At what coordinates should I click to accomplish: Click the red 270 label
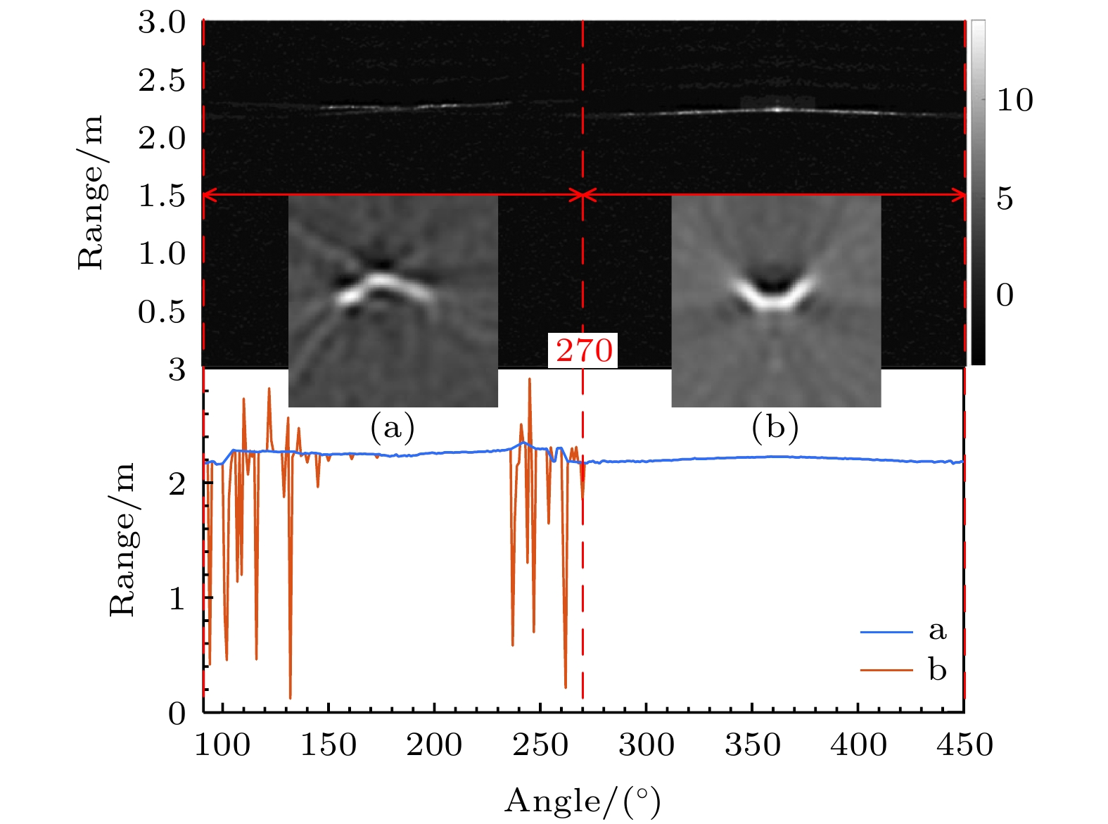pyautogui.click(x=584, y=350)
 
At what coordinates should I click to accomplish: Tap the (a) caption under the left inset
pyautogui.click(x=393, y=426)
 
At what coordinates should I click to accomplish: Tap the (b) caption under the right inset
pyautogui.click(x=775, y=426)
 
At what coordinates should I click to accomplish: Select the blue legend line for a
pyautogui.click(x=886, y=632)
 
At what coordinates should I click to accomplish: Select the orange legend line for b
pyautogui.click(x=886, y=670)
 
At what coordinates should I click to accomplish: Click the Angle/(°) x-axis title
pyautogui.click(x=582, y=801)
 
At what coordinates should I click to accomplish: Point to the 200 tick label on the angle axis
pyautogui.click(x=434, y=744)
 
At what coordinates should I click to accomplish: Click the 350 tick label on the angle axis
pyautogui.click(x=752, y=744)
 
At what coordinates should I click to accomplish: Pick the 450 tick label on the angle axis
pyautogui.click(x=964, y=744)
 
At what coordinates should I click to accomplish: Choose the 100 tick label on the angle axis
pyautogui.click(x=222, y=744)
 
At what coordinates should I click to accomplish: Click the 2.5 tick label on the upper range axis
pyautogui.click(x=162, y=80)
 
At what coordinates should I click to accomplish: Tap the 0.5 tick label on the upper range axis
pyautogui.click(x=162, y=311)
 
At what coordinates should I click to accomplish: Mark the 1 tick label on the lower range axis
pyautogui.click(x=177, y=598)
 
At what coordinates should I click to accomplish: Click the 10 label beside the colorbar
pyautogui.click(x=1015, y=101)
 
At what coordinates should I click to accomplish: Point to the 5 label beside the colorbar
pyautogui.click(x=1005, y=199)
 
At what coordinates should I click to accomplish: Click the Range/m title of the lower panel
pyautogui.click(x=122, y=540)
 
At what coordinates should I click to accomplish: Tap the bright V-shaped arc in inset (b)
pyautogui.click(x=775, y=298)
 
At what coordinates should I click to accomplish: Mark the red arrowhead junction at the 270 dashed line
pyautogui.click(x=582, y=195)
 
